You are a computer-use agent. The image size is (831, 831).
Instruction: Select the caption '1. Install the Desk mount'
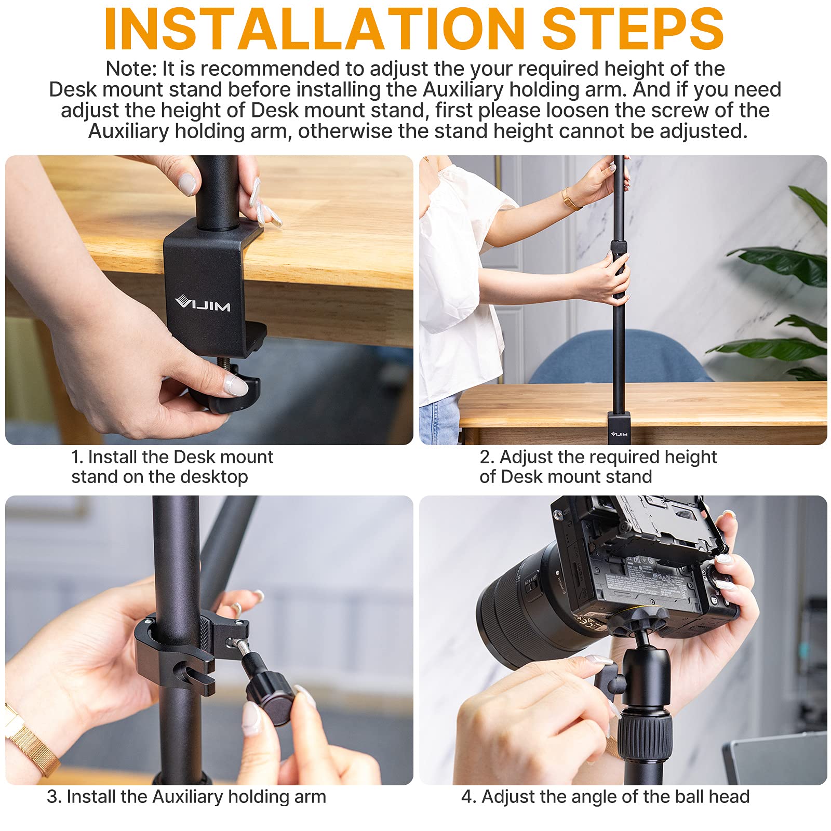[x=172, y=457]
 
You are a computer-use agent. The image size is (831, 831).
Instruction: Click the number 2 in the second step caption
[x=485, y=457]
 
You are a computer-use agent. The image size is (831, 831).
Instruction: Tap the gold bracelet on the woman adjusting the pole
[x=570, y=199]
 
